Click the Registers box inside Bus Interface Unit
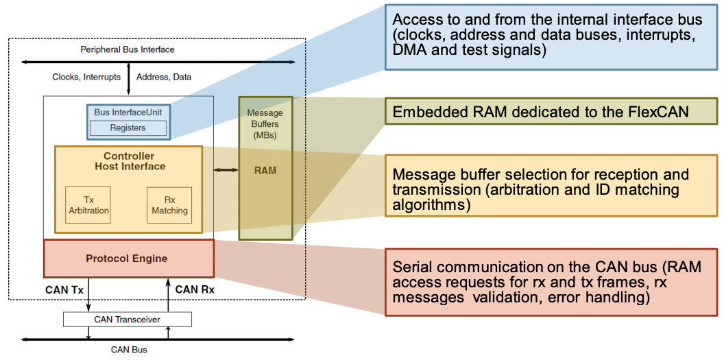click(x=128, y=128)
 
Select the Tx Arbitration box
click(x=88, y=205)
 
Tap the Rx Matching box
click(x=169, y=205)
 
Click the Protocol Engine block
click(x=129, y=259)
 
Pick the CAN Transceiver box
click(x=128, y=320)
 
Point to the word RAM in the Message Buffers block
click(x=265, y=170)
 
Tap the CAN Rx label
click(x=195, y=289)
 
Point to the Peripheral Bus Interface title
click(x=128, y=49)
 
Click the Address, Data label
click(x=164, y=77)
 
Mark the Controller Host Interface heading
click(x=130, y=161)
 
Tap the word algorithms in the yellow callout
click(x=431, y=204)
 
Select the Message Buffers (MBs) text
click(x=265, y=123)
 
